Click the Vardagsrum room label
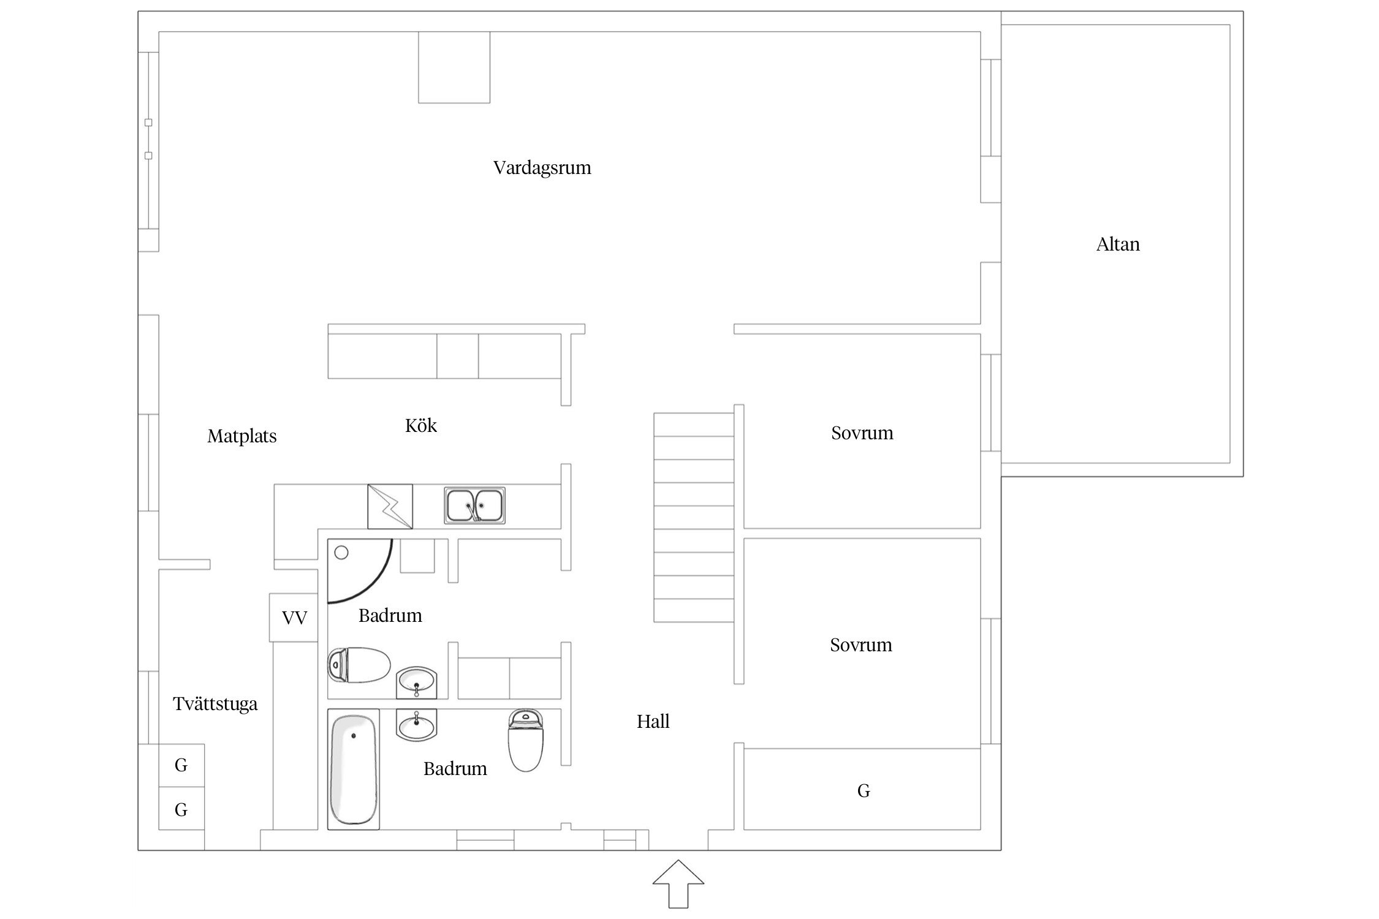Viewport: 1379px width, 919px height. pyautogui.click(x=542, y=168)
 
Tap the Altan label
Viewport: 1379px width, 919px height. pyautogui.click(x=1118, y=244)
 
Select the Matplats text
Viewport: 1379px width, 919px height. pyautogui.click(x=242, y=436)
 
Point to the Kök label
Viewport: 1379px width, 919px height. pyautogui.click(x=421, y=425)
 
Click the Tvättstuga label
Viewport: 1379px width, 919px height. pyautogui.click(x=215, y=704)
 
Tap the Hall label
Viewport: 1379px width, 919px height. pyautogui.click(x=653, y=722)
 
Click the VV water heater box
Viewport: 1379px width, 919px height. pyautogui.click(x=294, y=618)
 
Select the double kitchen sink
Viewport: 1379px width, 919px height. pyautogui.click(x=475, y=505)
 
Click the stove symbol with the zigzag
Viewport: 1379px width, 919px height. pyautogui.click(x=390, y=507)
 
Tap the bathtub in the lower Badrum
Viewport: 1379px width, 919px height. pyautogui.click(x=354, y=770)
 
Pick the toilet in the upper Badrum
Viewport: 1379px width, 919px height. pyautogui.click(x=359, y=665)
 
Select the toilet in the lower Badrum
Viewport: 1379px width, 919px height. pyautogui.click(x=526, y=739)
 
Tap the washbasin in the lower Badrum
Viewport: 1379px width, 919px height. pyautogui.click(x=417, y=725)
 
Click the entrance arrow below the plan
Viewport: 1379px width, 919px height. pyautogui.click(x=678, y=884)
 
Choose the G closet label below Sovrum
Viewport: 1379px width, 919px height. pyautogui.click(x=864, y=791)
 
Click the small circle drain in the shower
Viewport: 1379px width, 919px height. pyautogui.click(x=341, y=553)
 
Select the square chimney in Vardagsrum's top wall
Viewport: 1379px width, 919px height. pyautogui.click(x=454, y=67)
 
